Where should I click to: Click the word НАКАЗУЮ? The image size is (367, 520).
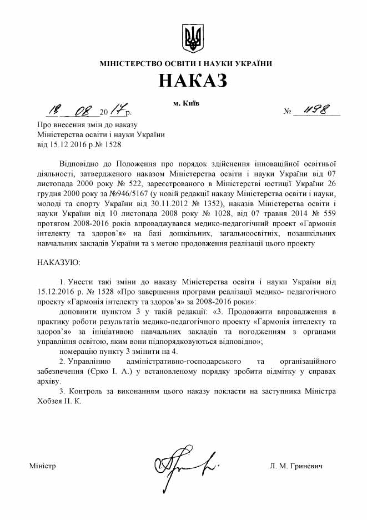coord(58,261)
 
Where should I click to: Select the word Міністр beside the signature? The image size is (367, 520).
coord(42,466)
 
